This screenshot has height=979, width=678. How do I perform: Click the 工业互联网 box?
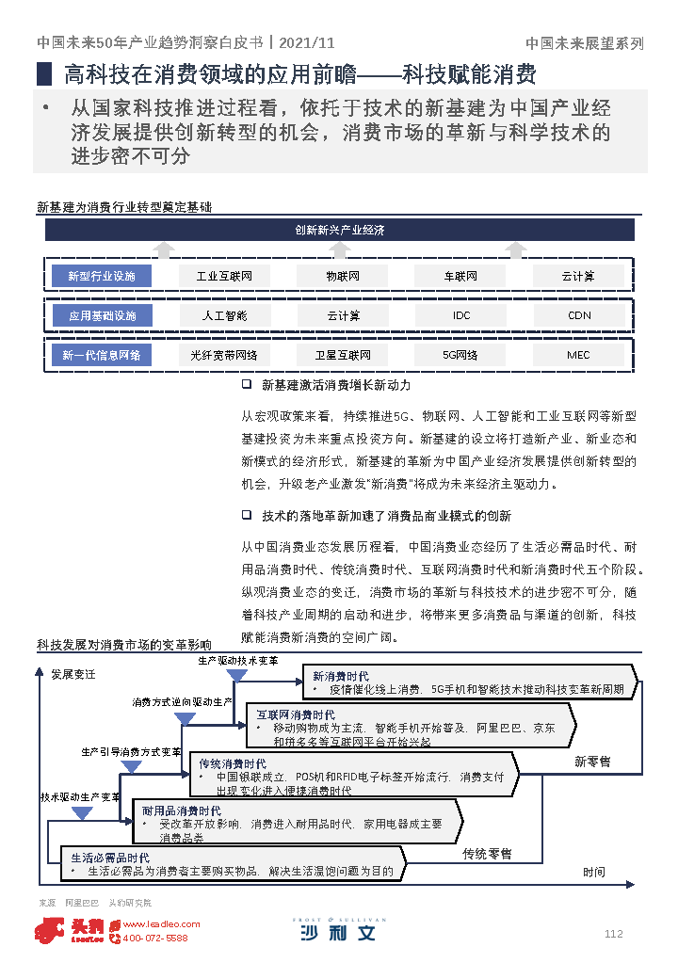point(224,276)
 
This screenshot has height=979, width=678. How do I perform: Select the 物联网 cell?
point(343,276)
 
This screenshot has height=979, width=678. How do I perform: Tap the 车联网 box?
point(460,276)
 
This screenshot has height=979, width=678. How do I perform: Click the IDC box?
point(460,315)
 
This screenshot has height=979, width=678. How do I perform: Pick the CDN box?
point(578,315)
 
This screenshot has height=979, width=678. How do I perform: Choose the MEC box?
point(578,355)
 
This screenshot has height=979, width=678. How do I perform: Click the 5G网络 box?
point(460,355)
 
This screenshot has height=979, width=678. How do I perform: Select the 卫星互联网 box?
point(343,355)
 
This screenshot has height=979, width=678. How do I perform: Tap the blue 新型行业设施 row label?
point(102,276)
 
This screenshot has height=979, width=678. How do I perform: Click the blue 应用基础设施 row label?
point(102,315)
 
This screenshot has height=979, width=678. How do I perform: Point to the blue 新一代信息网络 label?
point(102,355)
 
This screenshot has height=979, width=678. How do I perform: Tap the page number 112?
point(613,934)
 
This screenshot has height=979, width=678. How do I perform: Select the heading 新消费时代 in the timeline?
point(340,676)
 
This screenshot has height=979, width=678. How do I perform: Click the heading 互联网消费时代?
point(296,714)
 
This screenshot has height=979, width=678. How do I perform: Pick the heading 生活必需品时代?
point(110,858)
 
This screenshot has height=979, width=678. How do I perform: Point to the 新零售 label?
point(592,761)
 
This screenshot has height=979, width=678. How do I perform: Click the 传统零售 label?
point(487,854)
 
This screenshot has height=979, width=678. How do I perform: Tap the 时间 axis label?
point(593,873)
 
